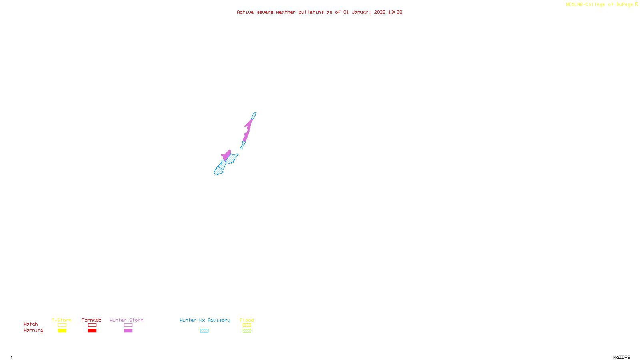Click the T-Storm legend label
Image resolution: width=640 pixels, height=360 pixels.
click(62, 320)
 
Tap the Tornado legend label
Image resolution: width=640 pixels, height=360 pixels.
click(92, 320)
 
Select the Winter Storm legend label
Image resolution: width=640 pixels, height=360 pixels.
click(126, 320)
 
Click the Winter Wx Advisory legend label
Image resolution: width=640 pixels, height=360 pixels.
click(205, 320)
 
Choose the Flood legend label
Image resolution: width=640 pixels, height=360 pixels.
click(247, 320)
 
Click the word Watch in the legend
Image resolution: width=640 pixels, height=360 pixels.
click(31, 324)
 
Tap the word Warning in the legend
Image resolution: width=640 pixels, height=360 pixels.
click(33, 330)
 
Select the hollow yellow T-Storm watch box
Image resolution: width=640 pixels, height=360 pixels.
click(62, 325)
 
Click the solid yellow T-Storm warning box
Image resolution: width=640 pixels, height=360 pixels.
click(62, 331)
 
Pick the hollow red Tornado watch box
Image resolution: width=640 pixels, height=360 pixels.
click(92, 325)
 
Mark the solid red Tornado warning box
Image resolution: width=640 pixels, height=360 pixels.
click(92, 331)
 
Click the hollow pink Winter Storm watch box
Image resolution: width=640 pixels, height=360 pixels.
click(128, 325)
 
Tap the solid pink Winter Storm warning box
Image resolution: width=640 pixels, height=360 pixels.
click(128, 331)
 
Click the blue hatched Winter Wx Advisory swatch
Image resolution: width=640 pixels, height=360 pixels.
click(204, 331)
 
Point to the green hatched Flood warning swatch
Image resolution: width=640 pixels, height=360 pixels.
click(247, 331)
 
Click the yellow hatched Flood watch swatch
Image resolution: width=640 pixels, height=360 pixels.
click(247, 325)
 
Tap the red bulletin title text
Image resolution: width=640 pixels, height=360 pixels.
click(319, 12)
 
